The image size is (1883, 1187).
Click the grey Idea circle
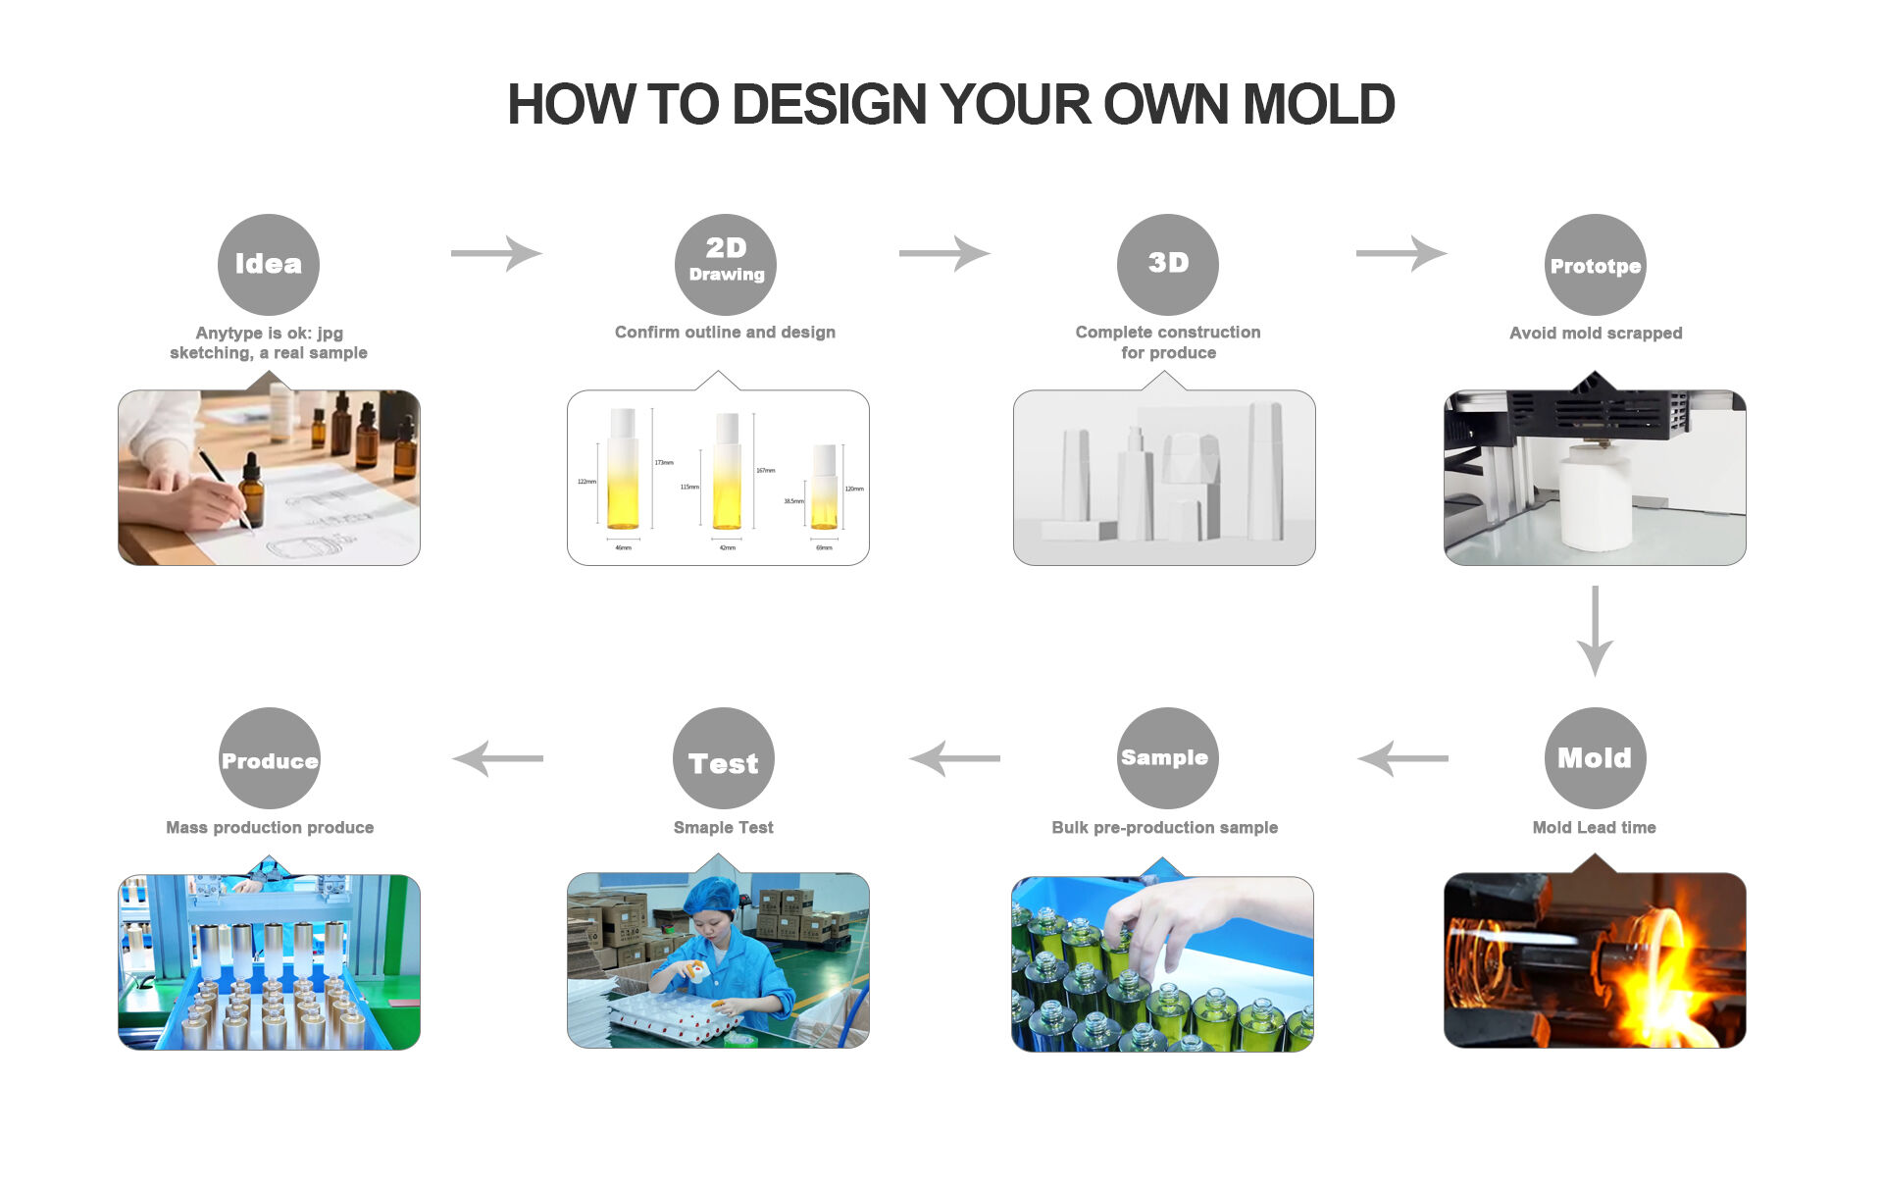click(x=268, y=264)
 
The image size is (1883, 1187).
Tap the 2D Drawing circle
click(x=726, y=264)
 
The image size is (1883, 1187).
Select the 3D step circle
click(x=1167, y=264)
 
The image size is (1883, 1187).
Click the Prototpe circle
click(x=1595, y=265)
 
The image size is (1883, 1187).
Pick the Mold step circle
click(x=1595, y=757)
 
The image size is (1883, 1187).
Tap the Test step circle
click(x=724, y=758)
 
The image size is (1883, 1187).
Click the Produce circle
click(x=270, y=758)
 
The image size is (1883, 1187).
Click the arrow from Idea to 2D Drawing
click(x=496, y=253)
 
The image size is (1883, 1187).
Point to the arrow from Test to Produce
click(x=497, y=758)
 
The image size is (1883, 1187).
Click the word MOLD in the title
click(x=1318, y=105)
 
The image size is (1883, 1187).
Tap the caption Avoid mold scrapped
click(x=1595, y=334)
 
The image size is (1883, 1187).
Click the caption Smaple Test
click(x=724, y=828)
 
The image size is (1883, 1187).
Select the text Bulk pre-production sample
click(x=1164, y=828)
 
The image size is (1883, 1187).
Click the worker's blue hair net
click(x=710, y=895)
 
